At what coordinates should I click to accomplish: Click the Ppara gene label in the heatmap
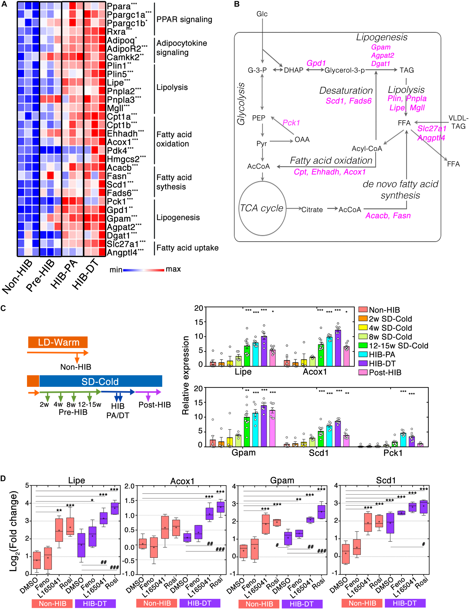click(119, 6)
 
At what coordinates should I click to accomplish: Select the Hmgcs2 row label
click(123, 159)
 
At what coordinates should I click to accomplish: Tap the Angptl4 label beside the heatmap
click(122, 253)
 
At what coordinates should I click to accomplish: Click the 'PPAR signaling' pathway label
click(184, 19)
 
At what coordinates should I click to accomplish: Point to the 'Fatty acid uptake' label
click(187, 248)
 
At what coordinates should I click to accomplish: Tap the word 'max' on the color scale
click(173, 269)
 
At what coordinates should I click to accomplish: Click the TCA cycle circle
click(262, 208)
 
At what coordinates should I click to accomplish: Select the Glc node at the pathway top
click(262, 14)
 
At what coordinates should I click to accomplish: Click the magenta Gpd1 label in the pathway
click(316, 63)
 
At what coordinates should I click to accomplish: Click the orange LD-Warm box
click(58, 342)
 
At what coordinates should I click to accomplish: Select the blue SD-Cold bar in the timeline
click(101, 381)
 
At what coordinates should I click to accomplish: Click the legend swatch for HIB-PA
click(363, 354)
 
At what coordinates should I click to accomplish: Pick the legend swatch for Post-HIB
click(363, 372)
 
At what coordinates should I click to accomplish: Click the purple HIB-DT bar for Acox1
click(338, 348)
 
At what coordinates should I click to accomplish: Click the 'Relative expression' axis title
click(185, 375)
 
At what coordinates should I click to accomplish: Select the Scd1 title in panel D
click(386, 480)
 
